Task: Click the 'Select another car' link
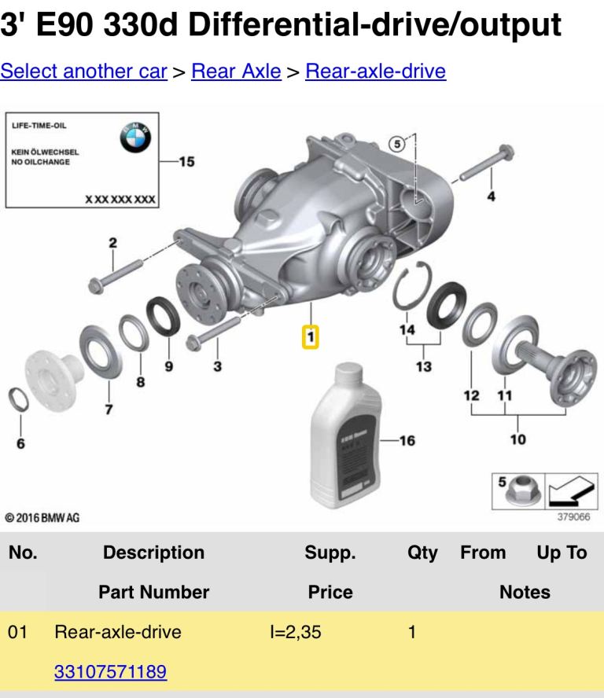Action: pyautogui.click(x=83, y=72)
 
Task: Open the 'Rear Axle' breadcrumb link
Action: pyautogui.click(x=236, y=72)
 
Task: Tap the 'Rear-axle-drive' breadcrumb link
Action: pyautogui.click(x=375, y=72)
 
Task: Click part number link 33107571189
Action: pyautogui.click(x=110, y=672)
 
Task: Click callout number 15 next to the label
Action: pyautogui.click(x=186, y=162)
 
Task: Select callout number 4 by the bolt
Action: pyautogui.click(x=491, y=197)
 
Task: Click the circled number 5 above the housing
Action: pyautogui.click(x=398, y=143)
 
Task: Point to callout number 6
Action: pyautogui.click(x=20, y=443)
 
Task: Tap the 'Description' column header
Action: pyautogui.click(x=153, y=553)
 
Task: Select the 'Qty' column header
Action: pyautogui.click(x=422, y=553)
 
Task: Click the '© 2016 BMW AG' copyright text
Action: pyautogui.click(x=42, y=517)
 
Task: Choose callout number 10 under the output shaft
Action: pyautogui.click(x=517, y=439)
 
